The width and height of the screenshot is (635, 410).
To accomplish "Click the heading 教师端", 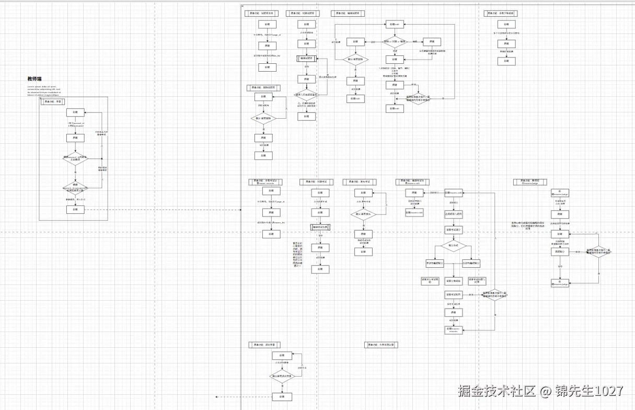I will click(x=34, y=79).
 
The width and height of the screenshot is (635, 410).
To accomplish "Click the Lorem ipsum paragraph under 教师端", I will click(x=44, y=91).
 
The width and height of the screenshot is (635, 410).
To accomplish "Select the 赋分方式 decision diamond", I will click(x=454, y=245).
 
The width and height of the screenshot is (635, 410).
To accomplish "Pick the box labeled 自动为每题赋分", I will click(x=471, y=264).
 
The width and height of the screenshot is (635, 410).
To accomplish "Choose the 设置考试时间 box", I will click(x=454, y=295).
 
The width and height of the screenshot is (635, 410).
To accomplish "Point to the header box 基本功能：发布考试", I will click(x=360, y=182).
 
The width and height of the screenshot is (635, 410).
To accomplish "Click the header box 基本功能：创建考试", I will click(x=317, y=182).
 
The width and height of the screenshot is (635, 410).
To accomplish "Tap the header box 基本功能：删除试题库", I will click(x=264, y=88).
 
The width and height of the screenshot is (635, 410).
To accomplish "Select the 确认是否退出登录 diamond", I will click(x=282, y=376).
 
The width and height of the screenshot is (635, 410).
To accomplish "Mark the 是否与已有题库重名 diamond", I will click(x=307, y=95).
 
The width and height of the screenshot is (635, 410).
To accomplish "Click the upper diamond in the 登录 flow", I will click(x=75, y=158).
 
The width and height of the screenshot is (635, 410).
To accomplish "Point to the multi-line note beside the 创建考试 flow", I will click(x=298, y=255).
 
